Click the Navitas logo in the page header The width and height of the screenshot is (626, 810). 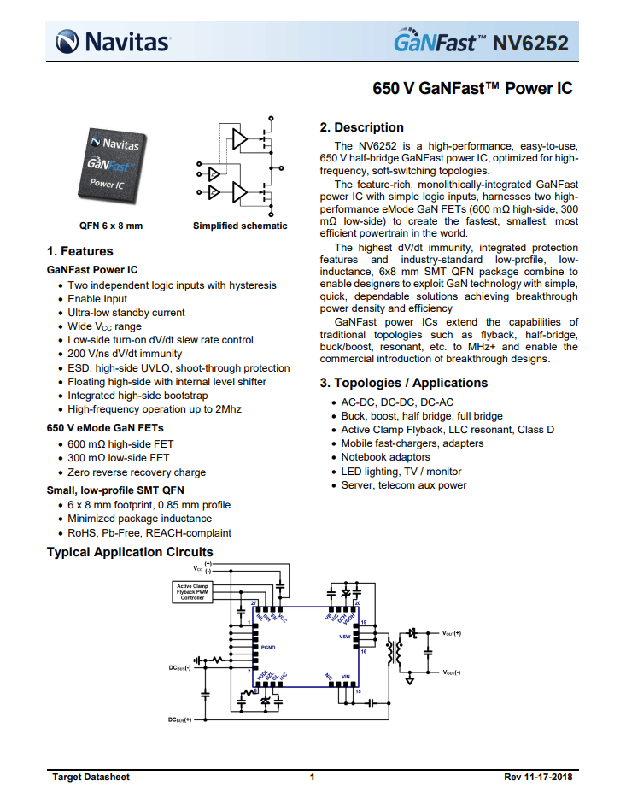112,40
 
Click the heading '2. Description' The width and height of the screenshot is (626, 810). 361,127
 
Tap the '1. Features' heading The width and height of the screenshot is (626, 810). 79,251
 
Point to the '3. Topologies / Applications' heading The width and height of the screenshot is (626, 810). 404,383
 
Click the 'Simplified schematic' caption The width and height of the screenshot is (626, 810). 240,226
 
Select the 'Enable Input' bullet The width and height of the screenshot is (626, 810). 97,299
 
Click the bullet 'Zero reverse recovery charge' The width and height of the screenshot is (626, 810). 137,472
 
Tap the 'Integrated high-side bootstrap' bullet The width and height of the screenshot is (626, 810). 137,396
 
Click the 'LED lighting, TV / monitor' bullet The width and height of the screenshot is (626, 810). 401,471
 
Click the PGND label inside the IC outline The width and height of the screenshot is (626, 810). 269,649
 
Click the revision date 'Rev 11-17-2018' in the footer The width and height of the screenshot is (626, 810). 539,777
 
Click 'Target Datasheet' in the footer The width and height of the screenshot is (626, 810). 91,777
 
